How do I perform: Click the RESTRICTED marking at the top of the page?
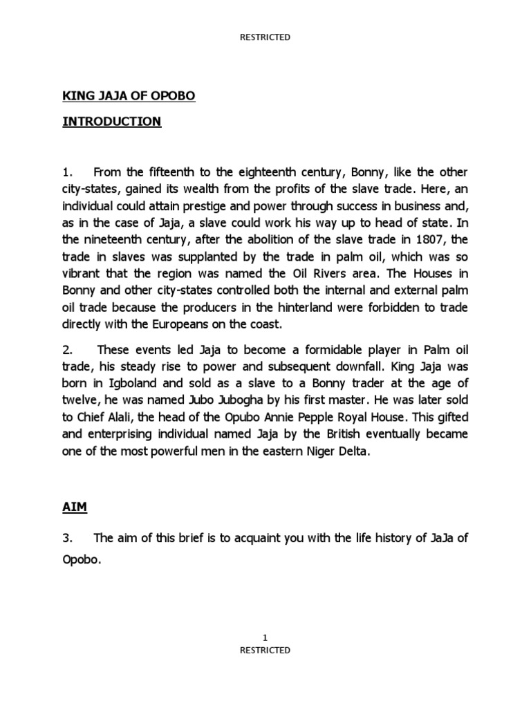[265, 37]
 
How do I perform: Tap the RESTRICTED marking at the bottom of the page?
[265, 650]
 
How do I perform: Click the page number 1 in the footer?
[265, 637]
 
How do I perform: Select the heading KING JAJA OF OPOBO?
[129, 96]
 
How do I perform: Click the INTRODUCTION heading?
[112, 122]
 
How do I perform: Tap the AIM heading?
[75, 507]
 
